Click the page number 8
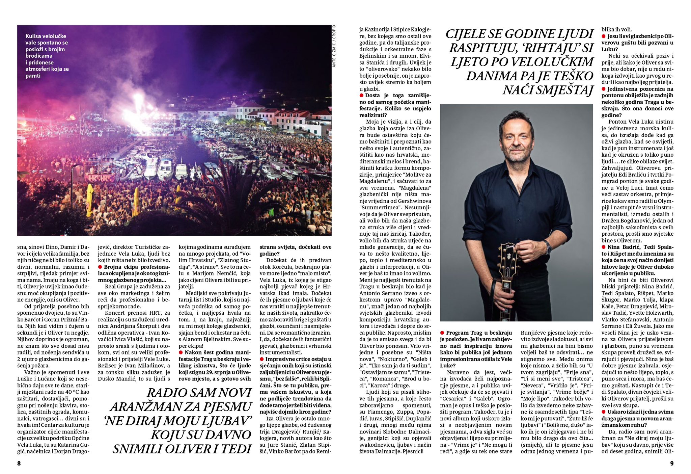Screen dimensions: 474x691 point(19,464)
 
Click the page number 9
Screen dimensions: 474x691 point(671,464)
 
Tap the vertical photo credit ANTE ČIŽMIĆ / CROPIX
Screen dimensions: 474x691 point(334,46)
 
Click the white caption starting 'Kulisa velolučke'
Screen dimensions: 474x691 point(47,56)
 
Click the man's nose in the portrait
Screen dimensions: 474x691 point(517,140)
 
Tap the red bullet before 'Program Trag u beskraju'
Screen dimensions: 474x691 point(442,333)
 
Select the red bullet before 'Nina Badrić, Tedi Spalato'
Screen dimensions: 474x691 point(604,247)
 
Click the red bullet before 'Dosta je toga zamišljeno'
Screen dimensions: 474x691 point(361,96)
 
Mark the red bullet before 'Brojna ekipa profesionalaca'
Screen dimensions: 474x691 point(100,267)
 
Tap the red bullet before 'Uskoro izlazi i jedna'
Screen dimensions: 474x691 point(604,412)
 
